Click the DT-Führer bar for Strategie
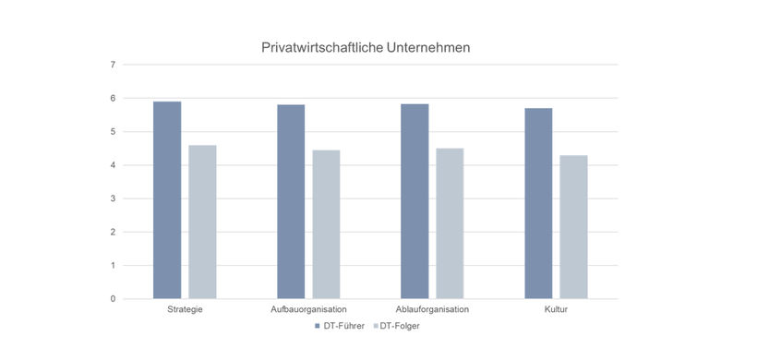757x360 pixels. click(x=167, y=200)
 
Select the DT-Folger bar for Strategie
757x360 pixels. click(x=202, y=222)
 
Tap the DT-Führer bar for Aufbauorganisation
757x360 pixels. click(x=291, y=202)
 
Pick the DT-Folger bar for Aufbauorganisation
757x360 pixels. click(x=326, y=224)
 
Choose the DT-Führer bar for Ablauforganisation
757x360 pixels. click(x=415, y=201)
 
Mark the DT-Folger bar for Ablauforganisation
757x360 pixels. click(x=450, y=223)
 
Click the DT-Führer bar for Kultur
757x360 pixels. click(x=538, y=204)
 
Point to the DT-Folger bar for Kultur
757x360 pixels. click(x=573, y=227)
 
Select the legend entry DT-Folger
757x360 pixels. click(x=399, y=326)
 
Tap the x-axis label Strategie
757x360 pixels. click(x=185, y=309)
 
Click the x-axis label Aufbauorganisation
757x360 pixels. click(x=308, y=309)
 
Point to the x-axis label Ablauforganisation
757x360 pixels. click(x=432, y=309)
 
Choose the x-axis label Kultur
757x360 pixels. click(x=556, y=309)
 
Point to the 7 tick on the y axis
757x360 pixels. click(x=113, y=65)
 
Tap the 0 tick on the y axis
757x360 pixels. click(x=113, y=299)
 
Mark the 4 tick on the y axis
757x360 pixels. click(x=113, y=165)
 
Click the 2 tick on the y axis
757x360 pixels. click(x=113, y=232)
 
